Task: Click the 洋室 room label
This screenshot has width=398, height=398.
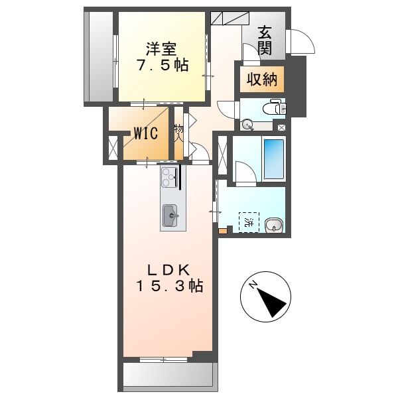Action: coord(161,48)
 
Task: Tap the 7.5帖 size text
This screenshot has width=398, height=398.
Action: coord(162,66)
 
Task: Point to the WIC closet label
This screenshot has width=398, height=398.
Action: coord(145,133)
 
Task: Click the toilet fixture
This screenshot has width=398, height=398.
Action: coord(274,107)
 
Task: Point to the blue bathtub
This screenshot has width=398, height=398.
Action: coord(273,160)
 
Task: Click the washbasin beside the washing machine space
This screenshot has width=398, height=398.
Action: coord(273,226)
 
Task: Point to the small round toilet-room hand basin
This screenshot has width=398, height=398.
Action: coord(247,123)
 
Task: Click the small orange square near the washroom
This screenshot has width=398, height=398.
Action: coord(222,232)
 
